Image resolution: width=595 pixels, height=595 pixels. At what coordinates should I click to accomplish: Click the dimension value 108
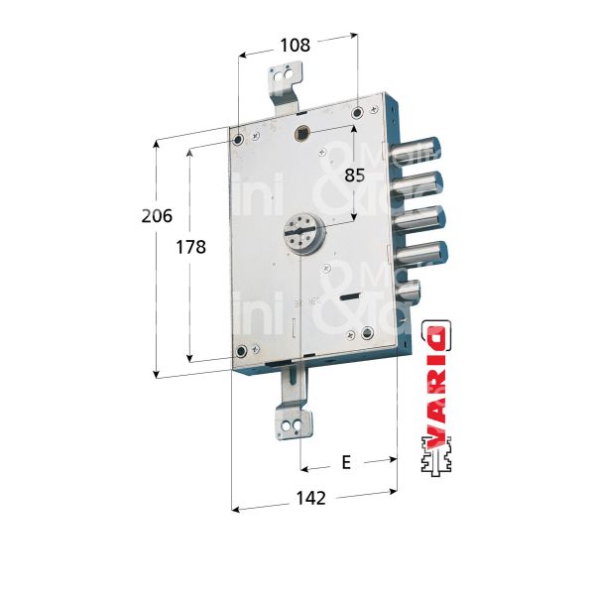click(x=295, y=45)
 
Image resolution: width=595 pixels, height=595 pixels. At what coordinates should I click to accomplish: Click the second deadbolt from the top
click(x=418, y=182)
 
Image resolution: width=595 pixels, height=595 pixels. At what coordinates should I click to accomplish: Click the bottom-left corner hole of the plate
click(x=240, y=353)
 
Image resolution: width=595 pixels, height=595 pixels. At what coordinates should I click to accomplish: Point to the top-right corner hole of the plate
click(x=358, y=110)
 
